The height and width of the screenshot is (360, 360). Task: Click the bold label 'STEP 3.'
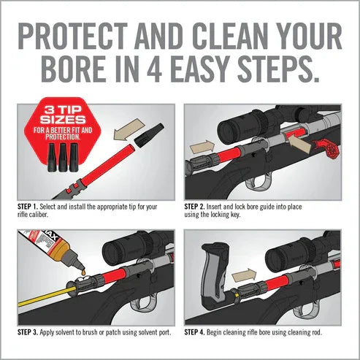[x=30, y=333]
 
